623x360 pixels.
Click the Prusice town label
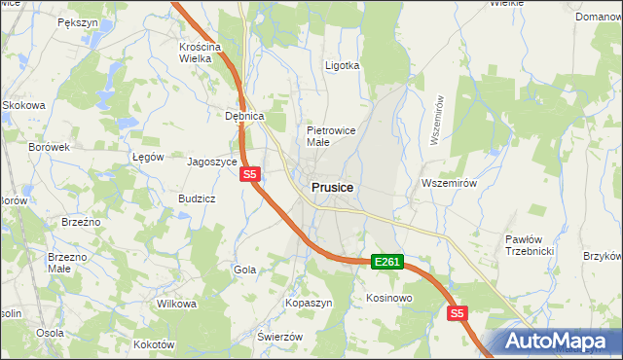coord(333,187)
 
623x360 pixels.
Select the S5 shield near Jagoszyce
coord(250,174)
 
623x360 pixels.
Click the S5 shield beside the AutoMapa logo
coord(458,313)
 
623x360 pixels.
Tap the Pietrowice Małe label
coord(331,135)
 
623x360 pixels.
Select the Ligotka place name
coord(342,66)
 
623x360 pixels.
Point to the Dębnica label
coord(245,116)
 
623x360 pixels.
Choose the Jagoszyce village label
coord(212,162)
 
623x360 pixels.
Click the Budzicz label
coord(197,198)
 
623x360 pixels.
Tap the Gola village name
coord(244,270)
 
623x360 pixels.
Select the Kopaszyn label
coord(310,304)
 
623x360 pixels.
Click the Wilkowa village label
coord(176,304)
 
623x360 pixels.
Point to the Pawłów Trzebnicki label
coord(529,244)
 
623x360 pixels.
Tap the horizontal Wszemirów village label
coord(448,183)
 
